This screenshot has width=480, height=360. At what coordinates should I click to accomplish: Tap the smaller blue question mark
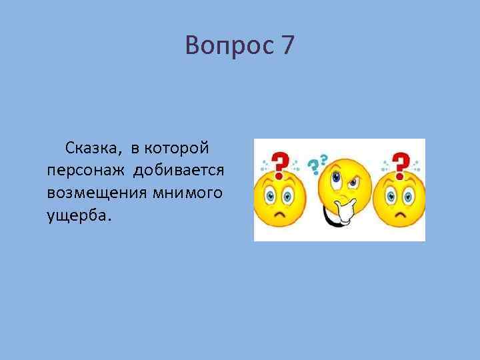point(324,159)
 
